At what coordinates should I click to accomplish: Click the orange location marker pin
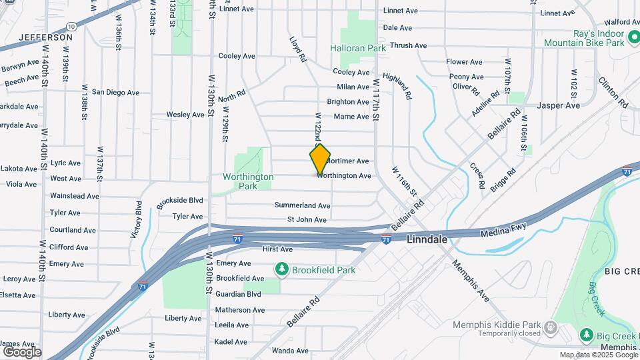320,159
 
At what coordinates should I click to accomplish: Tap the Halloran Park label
358,49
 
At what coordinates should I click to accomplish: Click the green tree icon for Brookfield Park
282,269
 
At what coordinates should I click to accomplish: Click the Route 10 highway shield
71,27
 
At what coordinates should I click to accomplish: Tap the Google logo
22,351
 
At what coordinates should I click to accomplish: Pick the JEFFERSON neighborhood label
46,37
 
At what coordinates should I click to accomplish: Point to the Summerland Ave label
303,205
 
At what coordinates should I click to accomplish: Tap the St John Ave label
307,219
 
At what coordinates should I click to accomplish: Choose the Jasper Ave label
558,105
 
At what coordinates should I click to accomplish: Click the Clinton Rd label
614,93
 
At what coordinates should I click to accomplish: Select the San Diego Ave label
115,93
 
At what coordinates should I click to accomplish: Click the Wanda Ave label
289,350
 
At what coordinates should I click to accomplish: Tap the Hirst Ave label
277,249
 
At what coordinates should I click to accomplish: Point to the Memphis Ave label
471,280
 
